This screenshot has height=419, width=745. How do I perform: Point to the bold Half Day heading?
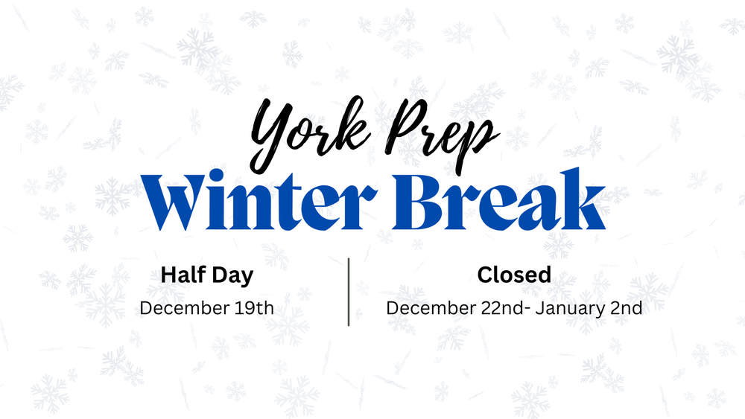(206, 275)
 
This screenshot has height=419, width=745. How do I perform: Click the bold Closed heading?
(514, 275)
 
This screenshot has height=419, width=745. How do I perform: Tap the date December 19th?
(206, 307)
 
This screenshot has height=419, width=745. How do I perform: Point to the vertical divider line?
(349, 292)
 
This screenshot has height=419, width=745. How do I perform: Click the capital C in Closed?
(485, 275)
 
